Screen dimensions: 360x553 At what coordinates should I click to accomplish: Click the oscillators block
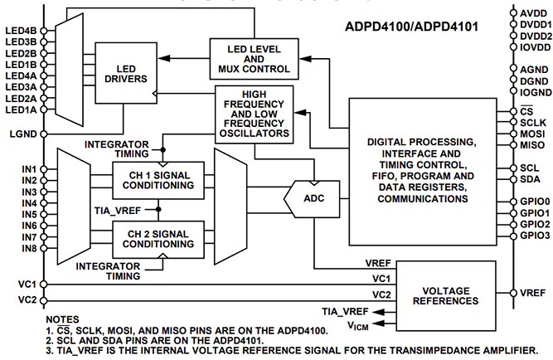pos(255,112)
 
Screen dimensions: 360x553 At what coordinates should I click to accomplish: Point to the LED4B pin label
pos(21,31)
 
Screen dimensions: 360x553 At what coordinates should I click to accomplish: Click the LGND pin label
pos(23,132)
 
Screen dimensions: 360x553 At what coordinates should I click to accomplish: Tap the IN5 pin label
pos(29,214)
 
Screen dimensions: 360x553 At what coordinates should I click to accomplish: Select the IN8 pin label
pos(29,248)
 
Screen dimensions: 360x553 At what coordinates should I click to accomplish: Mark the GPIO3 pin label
pos(534,236)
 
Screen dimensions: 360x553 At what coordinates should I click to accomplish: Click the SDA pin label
pos(530,179)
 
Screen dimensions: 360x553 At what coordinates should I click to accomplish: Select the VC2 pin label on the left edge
pos(27,298)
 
